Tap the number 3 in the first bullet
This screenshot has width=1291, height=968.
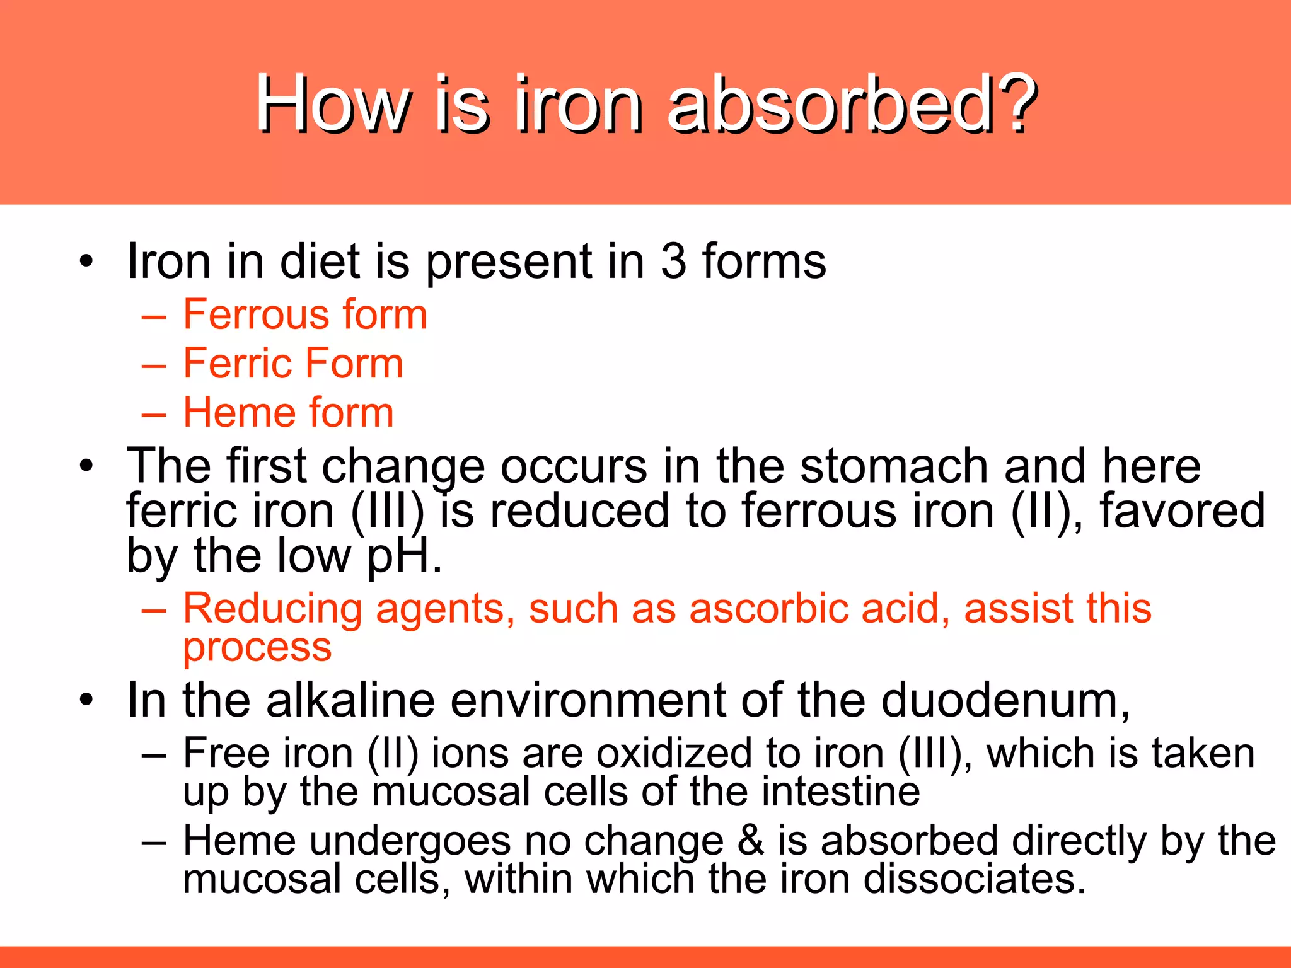point(673,261)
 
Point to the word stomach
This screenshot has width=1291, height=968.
point(894,466)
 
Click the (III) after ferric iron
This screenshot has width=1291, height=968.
point(388,510)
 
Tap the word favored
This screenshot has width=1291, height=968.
point(1183,510)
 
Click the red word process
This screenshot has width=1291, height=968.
point(257,648)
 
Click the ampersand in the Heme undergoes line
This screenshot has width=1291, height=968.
point(750,841)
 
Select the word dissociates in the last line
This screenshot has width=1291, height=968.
point(974,879)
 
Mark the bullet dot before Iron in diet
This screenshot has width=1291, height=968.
point(86,261)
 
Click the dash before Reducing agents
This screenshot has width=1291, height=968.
point(154,610)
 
